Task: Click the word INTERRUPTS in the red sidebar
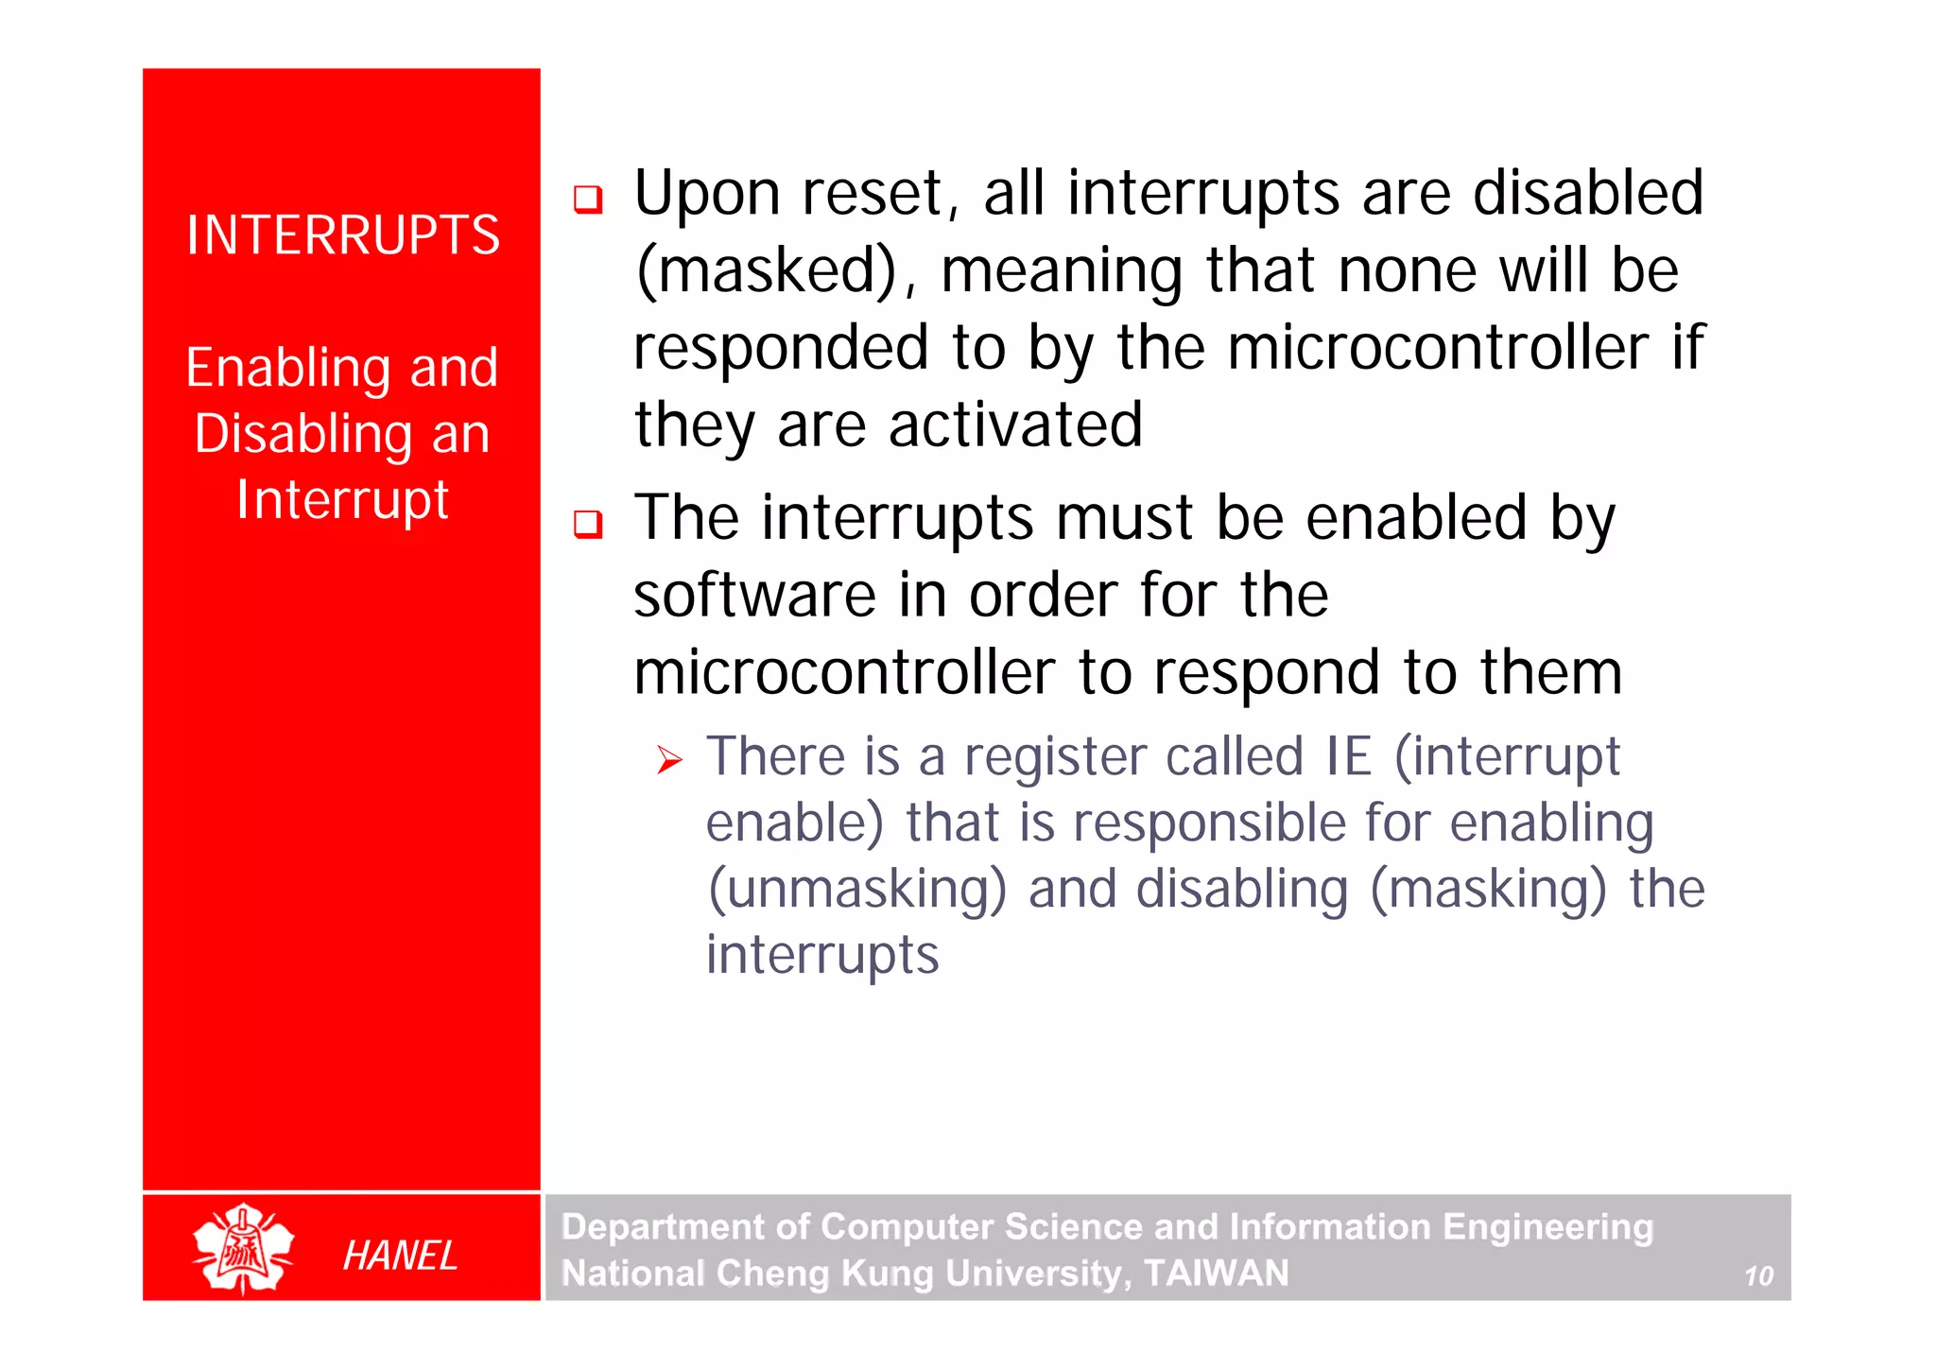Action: tap(342, 235)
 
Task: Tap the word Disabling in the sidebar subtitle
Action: tap(303, 435)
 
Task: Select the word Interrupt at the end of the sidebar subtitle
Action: tap(342, 500)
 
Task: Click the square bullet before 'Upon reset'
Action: tap(588, 199)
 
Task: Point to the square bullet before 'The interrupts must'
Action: tap(588, 524)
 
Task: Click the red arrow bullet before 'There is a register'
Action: tap(669, 760)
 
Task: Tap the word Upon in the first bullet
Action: tap(707, 195)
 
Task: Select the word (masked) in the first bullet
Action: tap(766, 272)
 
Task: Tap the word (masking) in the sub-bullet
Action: tap(1488, 890)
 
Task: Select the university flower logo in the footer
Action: tap(243, 1248)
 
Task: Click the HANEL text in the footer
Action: tap(400, 1256)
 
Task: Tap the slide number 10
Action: tap(1758, 1277)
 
